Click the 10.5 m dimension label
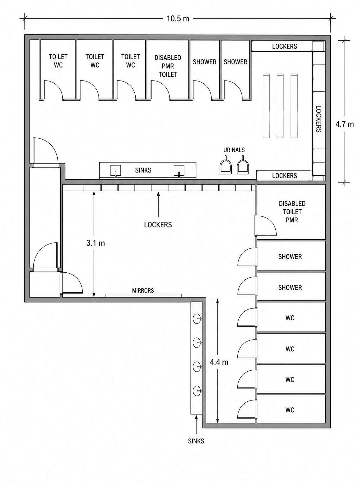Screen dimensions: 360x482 click(178, 19)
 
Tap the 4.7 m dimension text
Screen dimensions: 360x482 click(344, 124)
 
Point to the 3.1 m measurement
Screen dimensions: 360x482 click(96, 243)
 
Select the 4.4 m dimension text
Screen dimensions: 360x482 click(219, 362)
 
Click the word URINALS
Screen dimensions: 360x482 click(234, 150)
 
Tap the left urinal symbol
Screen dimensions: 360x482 click(226, 165)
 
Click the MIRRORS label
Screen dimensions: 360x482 click(143, 291)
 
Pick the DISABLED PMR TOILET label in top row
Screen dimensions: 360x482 click(168, 66)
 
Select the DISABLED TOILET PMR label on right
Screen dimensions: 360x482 click(292, 212)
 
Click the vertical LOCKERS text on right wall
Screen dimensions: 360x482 click(318, 119)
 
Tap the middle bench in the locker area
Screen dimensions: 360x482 click(280, 106)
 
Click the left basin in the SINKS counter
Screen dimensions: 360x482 click(116, 171)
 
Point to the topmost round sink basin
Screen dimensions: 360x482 click(197, 318)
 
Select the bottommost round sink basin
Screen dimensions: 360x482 click(197, 391)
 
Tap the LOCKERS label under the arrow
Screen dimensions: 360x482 click(158, 225)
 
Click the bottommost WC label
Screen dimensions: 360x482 click(290, 410)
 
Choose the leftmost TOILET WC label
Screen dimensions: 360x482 click(58, 61)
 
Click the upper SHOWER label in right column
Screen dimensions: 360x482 click(290, 257)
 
